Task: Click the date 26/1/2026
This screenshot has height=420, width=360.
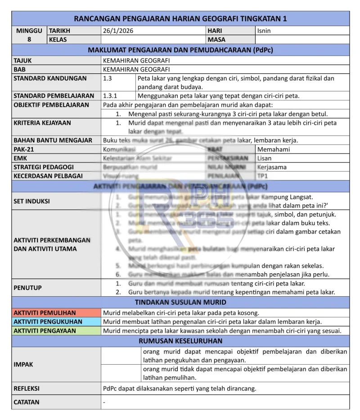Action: pyautogui.click(x=118, y=31)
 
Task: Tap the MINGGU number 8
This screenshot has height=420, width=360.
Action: pyautogui.click(x=29, y=40)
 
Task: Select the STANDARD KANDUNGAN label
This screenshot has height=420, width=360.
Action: pyautogui.click(x=50, y=78)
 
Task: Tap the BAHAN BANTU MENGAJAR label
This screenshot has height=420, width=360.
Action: pyautogui.click(x=53, y=140)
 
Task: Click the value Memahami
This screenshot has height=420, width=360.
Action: pyautogui.click(x=274, y=149)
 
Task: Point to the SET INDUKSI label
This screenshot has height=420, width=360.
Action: pyautogui.click(x=31, y=201)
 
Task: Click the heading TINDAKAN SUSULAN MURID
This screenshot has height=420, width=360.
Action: pyautogui.click(x=180, y=302)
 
